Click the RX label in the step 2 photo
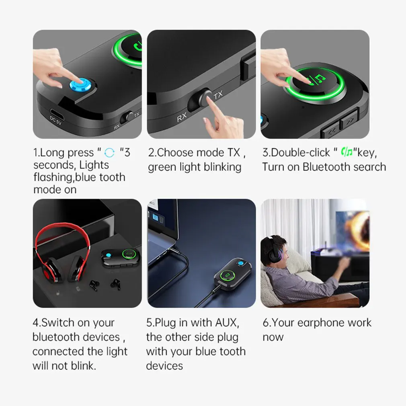coord(182,117)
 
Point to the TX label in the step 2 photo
coord(218,95)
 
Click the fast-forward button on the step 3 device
coord(349,121)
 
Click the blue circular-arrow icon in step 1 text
coord(109,153)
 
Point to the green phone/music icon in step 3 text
coord(347,152)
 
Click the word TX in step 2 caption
coord(234,152)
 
